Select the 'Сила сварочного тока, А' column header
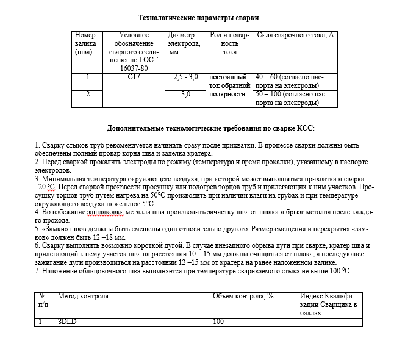point(296,35)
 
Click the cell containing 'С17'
point(134,78)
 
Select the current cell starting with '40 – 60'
point(290,82)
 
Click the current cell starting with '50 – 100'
point(291,98)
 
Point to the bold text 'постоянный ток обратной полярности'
point(227,86)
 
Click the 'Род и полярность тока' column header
point(229,44)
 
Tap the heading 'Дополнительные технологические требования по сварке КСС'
point(210,129)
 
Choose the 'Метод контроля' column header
point(83,296)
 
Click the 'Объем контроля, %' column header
point(243,296)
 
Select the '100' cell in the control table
point(218,321)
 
